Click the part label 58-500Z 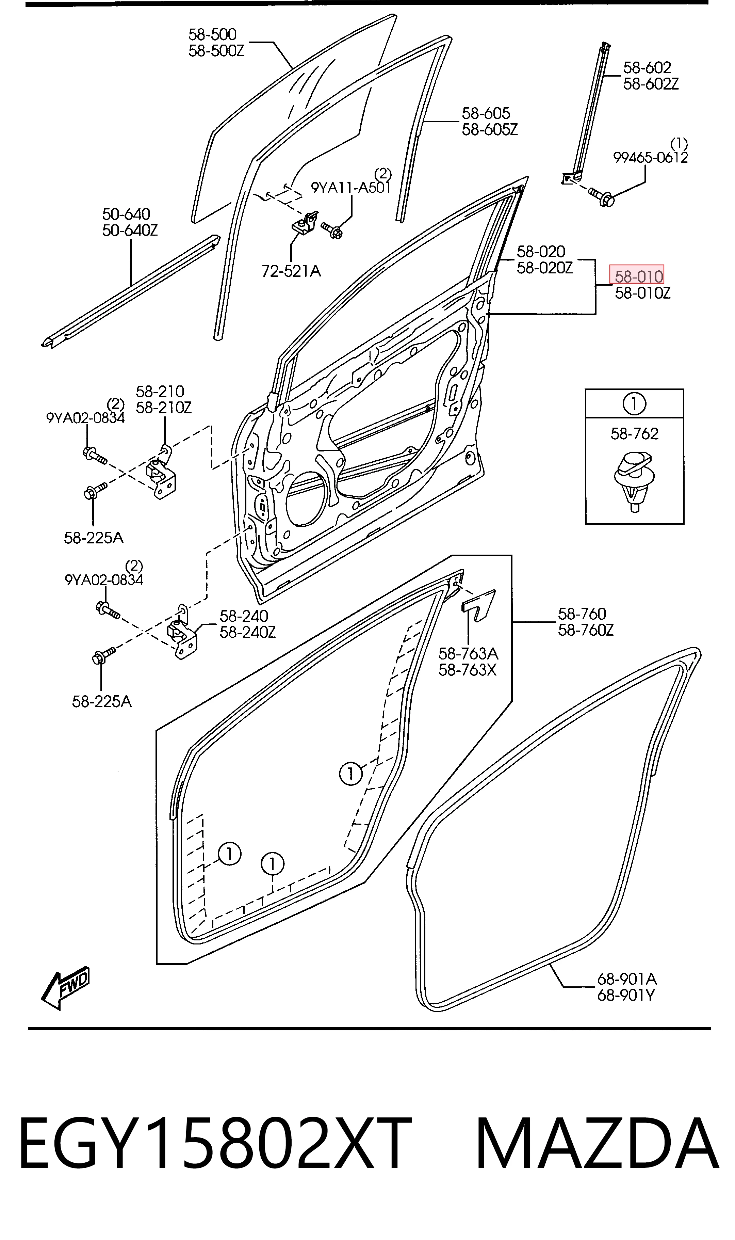tap(216, 50)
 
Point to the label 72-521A tap(291, 271)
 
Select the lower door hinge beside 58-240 tap(182, 632)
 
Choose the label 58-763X tap(468, 670)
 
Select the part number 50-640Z tap(130, 230)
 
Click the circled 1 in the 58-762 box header tap(635, 404)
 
